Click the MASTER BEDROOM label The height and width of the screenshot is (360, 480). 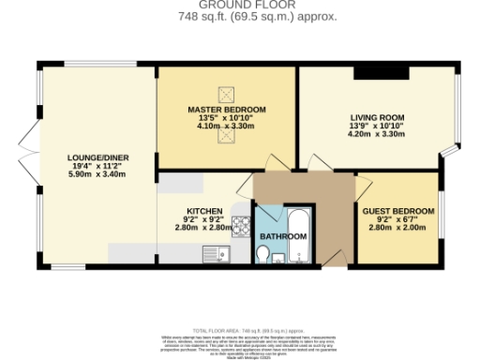227,110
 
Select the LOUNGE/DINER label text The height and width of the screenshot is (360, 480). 91,157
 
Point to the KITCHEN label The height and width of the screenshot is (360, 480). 203,211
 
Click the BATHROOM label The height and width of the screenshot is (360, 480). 283,236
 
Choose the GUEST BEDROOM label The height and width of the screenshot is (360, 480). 398,211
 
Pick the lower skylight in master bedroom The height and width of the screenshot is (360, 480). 226,136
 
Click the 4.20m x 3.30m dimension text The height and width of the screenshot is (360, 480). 374,133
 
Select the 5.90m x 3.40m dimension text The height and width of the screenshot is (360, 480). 91,173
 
